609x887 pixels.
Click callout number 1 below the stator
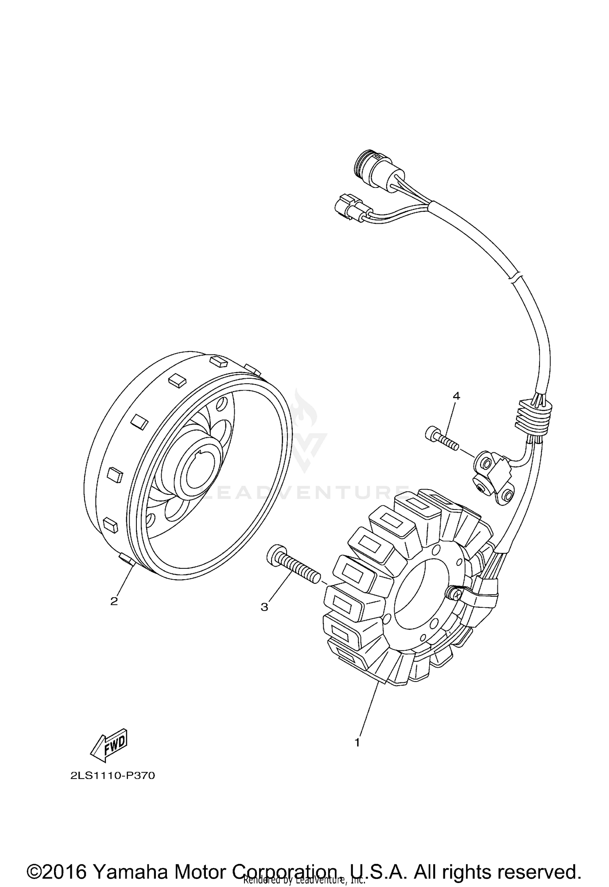[357, 743]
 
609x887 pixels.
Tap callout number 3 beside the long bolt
[264, 619]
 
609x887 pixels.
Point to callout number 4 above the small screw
[456, 396]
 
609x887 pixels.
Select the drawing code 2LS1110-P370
[112, 776]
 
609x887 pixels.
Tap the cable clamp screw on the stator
[455, 594]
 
